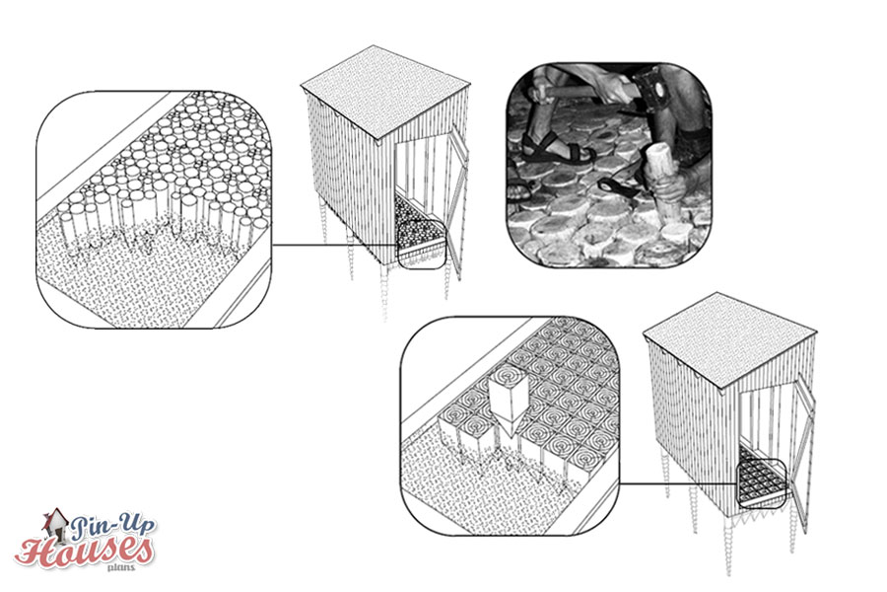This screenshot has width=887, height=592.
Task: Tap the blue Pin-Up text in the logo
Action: (x=112, y=527)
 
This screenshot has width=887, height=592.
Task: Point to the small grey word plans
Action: (x=121, y=567)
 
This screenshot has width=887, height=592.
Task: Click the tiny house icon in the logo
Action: (x=55, y=522)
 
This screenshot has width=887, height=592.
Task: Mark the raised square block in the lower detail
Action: (x=511, y=406)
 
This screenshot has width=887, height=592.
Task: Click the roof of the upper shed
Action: (x=385, y=91)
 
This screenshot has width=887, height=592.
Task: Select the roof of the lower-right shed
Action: (x=729, y=339)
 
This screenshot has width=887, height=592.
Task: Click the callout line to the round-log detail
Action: (x=336, y=246)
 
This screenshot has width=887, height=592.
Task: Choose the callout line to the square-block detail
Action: (x=679, y=483)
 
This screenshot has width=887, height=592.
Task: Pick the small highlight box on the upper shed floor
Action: (x=422, y=244)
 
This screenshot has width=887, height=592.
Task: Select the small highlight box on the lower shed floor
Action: (x=762, y=483)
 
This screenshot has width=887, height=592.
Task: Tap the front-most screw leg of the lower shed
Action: (x=728, y=544)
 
